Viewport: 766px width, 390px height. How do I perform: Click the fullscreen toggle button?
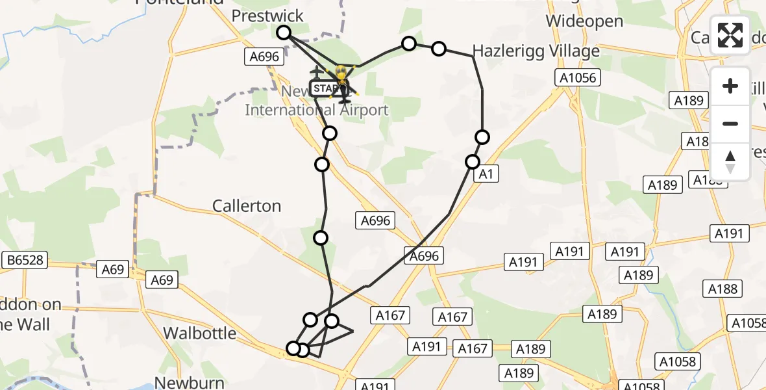[730, 35]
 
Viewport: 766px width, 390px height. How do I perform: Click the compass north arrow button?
[730, 162]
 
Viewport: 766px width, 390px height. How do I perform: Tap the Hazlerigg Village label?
[536, 51]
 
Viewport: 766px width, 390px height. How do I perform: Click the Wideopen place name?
[584, 21]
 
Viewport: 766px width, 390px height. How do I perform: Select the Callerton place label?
[247, 206]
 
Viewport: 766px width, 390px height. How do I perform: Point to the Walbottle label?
[199, 333]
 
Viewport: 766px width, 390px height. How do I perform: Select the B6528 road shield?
[25, 261]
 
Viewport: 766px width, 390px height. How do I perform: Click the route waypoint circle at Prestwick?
[284, 32]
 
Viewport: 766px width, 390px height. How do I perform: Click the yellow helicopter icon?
[341, 79]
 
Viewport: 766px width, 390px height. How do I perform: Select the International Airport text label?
[316, 110]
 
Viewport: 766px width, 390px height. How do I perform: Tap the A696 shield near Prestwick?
[264, 57]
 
